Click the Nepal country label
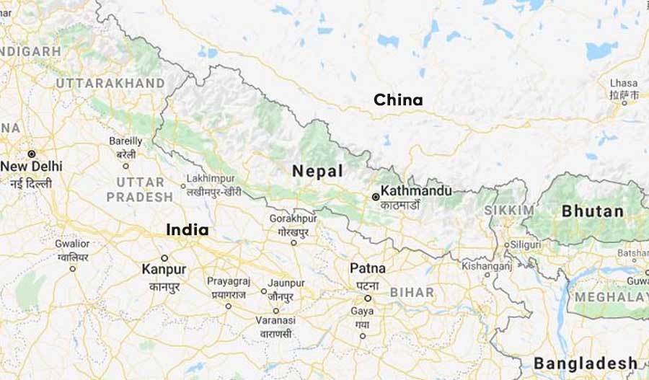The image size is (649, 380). click(x=317, y=171)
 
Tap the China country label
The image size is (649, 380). click(x=398, y=100)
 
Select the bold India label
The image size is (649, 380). click(x=187, y=230)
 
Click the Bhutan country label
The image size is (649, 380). click(x=593, y=211)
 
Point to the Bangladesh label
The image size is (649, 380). click(x=586, y=363)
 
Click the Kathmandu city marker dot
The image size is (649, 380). click(x=376, y=196)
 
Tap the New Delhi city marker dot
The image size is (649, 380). click(x=32, y=154)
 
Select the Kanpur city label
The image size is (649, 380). click(x=164, y=269)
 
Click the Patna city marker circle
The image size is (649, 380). click(x=367, y=298)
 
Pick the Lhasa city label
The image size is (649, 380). click(x=623, y=83)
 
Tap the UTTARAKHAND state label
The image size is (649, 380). click(x=110, y=83)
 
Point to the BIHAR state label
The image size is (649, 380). click(x=412, y=293)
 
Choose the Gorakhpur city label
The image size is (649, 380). click(x=293, y=218)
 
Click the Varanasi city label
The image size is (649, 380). click(x=276, y=320)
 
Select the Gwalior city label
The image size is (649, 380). click(x=72, y=244)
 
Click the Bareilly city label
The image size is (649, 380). click(x=126, y=141)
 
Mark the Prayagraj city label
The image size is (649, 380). click(x=228, y=281)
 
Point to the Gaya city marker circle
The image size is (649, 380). click(x=363, y=335)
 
